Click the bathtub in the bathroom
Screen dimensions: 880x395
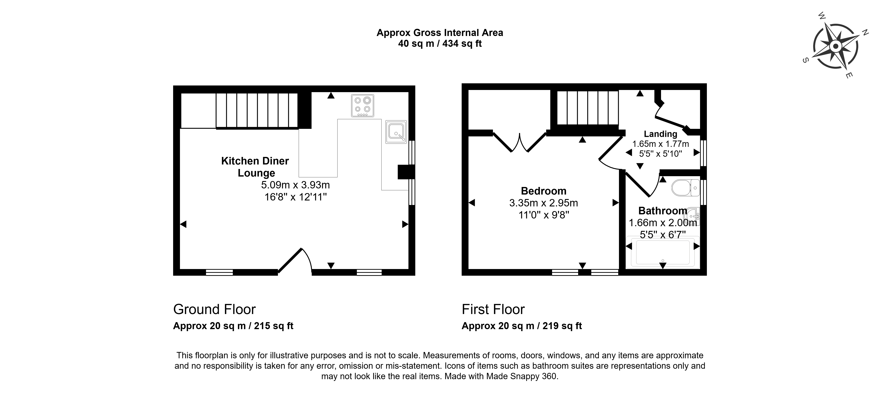tap(662, 252)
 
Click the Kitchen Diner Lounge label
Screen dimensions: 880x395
tap(255, 167)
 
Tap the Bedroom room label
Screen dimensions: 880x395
tap(543, 191)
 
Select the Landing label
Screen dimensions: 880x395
tap(660, 134)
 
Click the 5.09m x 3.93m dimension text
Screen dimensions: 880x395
tap(296, 185)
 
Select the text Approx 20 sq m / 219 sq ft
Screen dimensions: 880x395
tap(522, 326)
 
